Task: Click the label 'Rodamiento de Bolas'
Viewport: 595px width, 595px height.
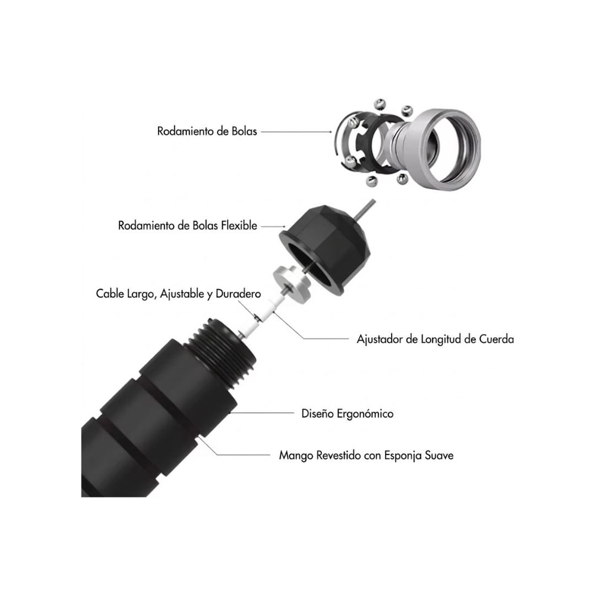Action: point(207,131)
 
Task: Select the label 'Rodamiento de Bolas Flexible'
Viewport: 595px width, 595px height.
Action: point(187,225)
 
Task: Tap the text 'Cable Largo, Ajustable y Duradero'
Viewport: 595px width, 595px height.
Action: point(178,294)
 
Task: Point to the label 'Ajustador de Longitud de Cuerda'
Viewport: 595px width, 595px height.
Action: point(435,339)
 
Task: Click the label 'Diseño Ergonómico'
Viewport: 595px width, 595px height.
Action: point(347,413)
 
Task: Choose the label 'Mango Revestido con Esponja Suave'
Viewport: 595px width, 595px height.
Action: point(366,455)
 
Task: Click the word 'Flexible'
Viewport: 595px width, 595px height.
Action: point(239,225)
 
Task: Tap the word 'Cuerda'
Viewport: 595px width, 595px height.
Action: point(496,339)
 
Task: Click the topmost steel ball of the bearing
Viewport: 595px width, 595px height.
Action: point(380,104)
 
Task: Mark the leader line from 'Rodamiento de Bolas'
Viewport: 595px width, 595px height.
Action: point(296,132)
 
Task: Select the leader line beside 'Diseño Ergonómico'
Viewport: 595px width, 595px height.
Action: point(262,413)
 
